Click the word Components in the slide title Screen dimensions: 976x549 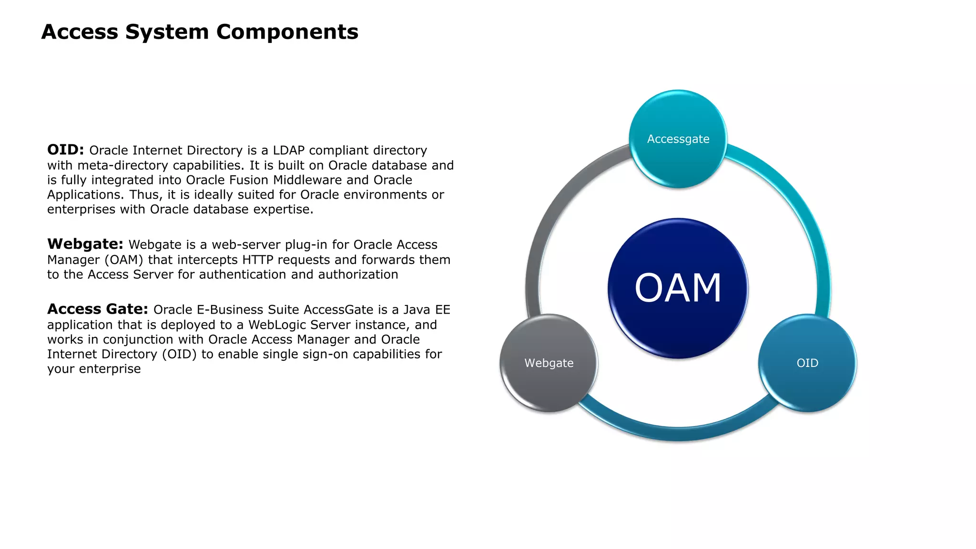(287, 32)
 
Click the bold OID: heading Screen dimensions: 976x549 (65, 150)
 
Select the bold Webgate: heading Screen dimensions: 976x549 (85, 244)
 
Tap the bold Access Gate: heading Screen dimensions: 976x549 (97, 309)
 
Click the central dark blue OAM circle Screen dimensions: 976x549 (678, 288)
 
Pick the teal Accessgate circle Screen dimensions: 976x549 (678, 139)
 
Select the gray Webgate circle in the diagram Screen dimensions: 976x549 (549, 363)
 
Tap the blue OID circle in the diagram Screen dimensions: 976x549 (807, 363)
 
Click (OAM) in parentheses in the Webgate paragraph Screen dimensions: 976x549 (123, 260)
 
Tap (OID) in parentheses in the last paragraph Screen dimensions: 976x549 (179, 355)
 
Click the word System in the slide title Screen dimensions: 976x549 (167, 32)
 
